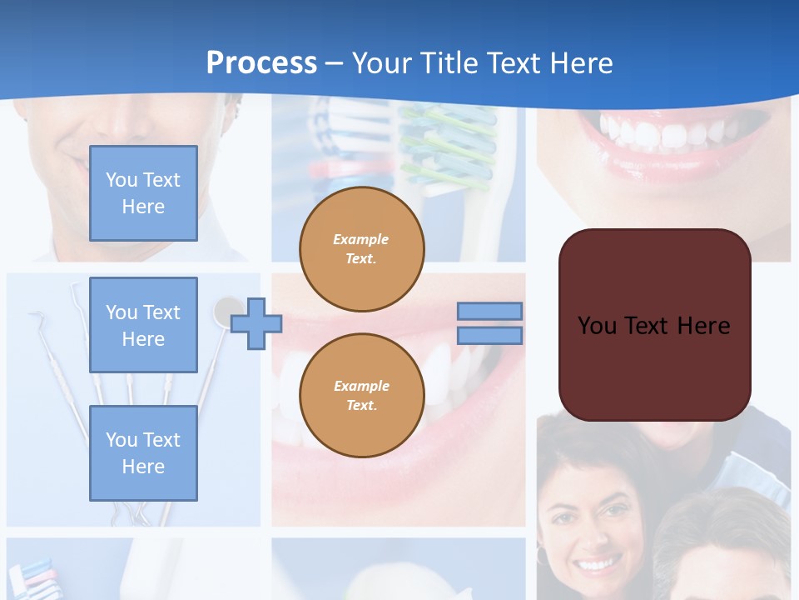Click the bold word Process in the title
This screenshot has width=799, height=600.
[261, 63]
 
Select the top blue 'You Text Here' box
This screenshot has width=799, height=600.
[143, 193]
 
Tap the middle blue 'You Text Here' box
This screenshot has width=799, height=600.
[143, 325]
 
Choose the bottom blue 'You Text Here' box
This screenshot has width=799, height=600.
[143, 453]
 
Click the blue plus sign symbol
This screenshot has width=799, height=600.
[256, 323]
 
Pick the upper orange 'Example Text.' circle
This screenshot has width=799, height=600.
[361, 248]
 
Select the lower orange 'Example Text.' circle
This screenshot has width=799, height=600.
[361, 395]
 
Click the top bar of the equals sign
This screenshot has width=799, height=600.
[490, 311]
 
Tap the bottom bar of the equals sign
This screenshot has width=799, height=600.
[490, 336]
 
